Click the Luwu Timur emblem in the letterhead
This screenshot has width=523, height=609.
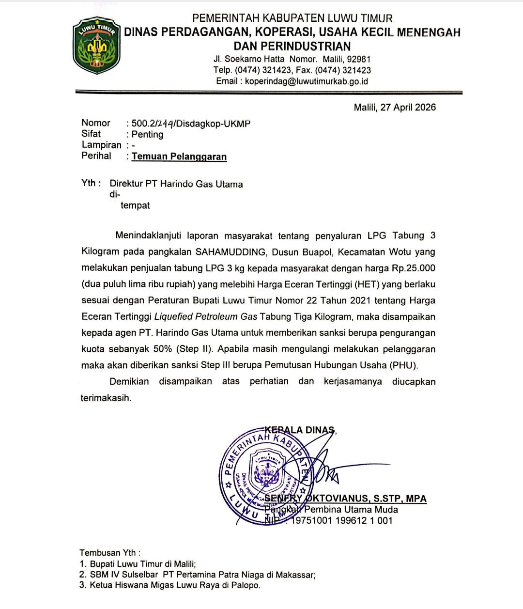tap(95, 46)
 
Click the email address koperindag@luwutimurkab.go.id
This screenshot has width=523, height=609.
tap(306, 81)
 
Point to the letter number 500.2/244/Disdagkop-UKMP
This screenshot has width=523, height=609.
tap(191, 124)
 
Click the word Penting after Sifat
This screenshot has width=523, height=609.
tap(147, 135)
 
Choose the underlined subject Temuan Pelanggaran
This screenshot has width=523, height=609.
tap(179, 156)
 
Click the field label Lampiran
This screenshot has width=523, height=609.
tap(102, 145)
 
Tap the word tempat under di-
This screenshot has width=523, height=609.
tap(135, 205)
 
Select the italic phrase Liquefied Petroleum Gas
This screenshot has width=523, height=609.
tap(206, 317)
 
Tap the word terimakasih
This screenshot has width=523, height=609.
tap(106, 398)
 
